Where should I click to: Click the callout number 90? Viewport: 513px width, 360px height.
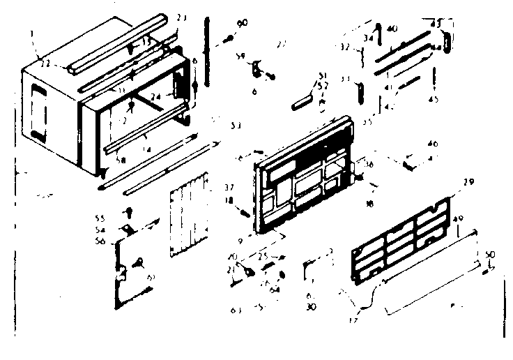[x=243, y=24]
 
